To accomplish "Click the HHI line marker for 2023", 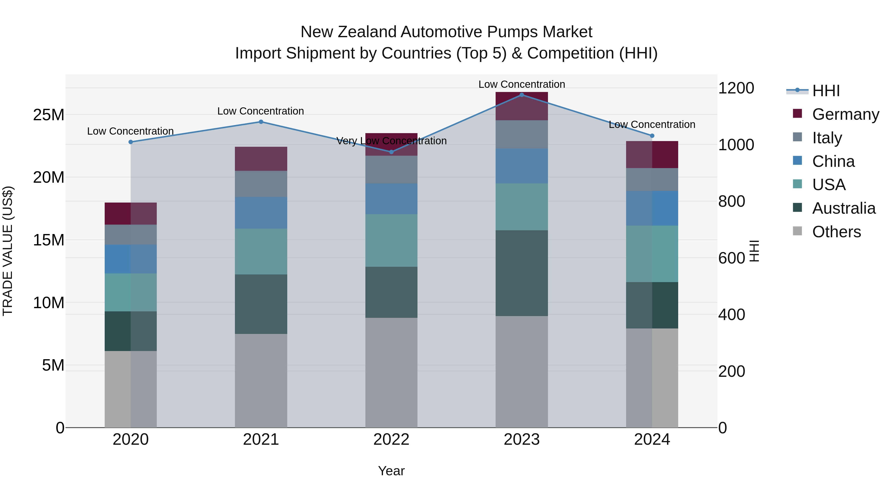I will click(521, 95).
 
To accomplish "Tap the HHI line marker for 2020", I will click(131, 142).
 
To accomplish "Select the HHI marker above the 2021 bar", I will click(261, 122).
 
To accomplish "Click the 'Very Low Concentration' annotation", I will click(391, 141).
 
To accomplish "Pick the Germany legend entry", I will click(845, 114).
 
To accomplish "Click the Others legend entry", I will click(836, 232).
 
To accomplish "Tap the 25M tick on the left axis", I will click(49, 115).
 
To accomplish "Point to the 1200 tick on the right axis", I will click(736, 88).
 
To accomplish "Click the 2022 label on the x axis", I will click(391, 440).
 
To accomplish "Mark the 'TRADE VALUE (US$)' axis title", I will click(8, 251).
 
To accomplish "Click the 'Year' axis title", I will click(391, 471).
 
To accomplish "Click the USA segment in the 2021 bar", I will click(261, 252).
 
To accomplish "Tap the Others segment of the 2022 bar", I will click(391, 372).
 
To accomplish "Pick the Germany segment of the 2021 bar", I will click(261, 159).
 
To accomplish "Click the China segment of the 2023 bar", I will click(521, 166).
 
